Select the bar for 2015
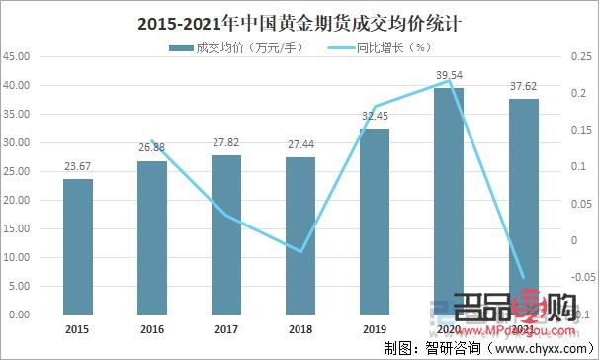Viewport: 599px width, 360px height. pyautogui.click(x=77, y=246)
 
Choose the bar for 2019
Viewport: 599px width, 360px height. pyautogui.click(x=375, y=222)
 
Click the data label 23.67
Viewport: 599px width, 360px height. pyautogui.click(x=77, y=166)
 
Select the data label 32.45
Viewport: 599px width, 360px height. pyautogui.click(x=375, y=116)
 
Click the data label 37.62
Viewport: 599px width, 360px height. pyautogui.click(x=523, y=86)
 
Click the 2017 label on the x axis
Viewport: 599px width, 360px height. pyautogui.click(x=226, y=330)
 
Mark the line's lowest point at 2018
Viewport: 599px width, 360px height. pyautogui.click(x=300, y=251)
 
